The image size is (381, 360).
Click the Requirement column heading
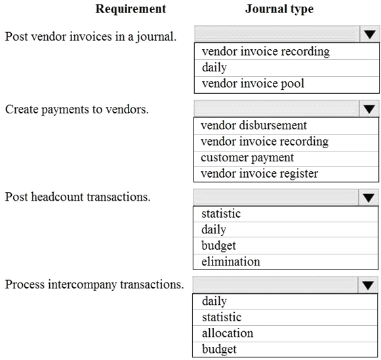click(x=130, y=9)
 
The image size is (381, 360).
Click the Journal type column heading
click(x=279, y=9)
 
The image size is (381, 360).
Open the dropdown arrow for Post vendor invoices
click(x=370, y=35)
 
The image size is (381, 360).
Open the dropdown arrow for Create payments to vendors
click(x=369, y=109)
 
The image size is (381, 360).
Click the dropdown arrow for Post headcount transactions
click(x=369, y=197)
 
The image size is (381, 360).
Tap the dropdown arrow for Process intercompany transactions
click(x=368, y=285)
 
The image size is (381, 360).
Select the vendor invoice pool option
click(x=253, y=84)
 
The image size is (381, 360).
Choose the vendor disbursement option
click(x=254, y=126)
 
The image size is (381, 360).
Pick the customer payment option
click(x=247, y=158)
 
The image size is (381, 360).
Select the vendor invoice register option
click(x=259, y=174)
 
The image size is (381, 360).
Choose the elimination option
click(x=231, y=262)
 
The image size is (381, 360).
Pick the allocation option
click(x=228, y=333)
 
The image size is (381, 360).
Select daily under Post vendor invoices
click(x=214, y=68)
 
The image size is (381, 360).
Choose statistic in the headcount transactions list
click(x=221, y=214)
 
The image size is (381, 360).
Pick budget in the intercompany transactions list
click(x=219, y=350)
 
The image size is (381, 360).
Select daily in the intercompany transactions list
click(x=214, y=301)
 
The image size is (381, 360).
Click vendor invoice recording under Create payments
click(x=264, y=142)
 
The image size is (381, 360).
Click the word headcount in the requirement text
click(x=57, y=197)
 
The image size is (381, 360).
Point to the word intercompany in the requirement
click(x=83, y=285)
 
